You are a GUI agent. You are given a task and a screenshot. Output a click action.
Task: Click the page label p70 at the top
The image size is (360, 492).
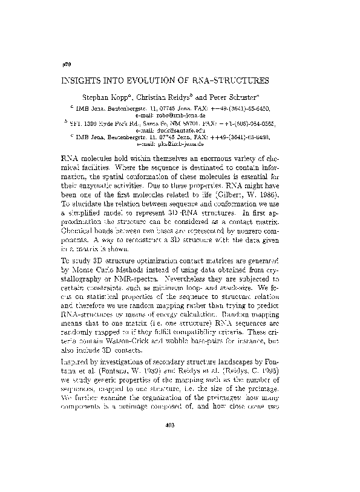click(x=67, y=63)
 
